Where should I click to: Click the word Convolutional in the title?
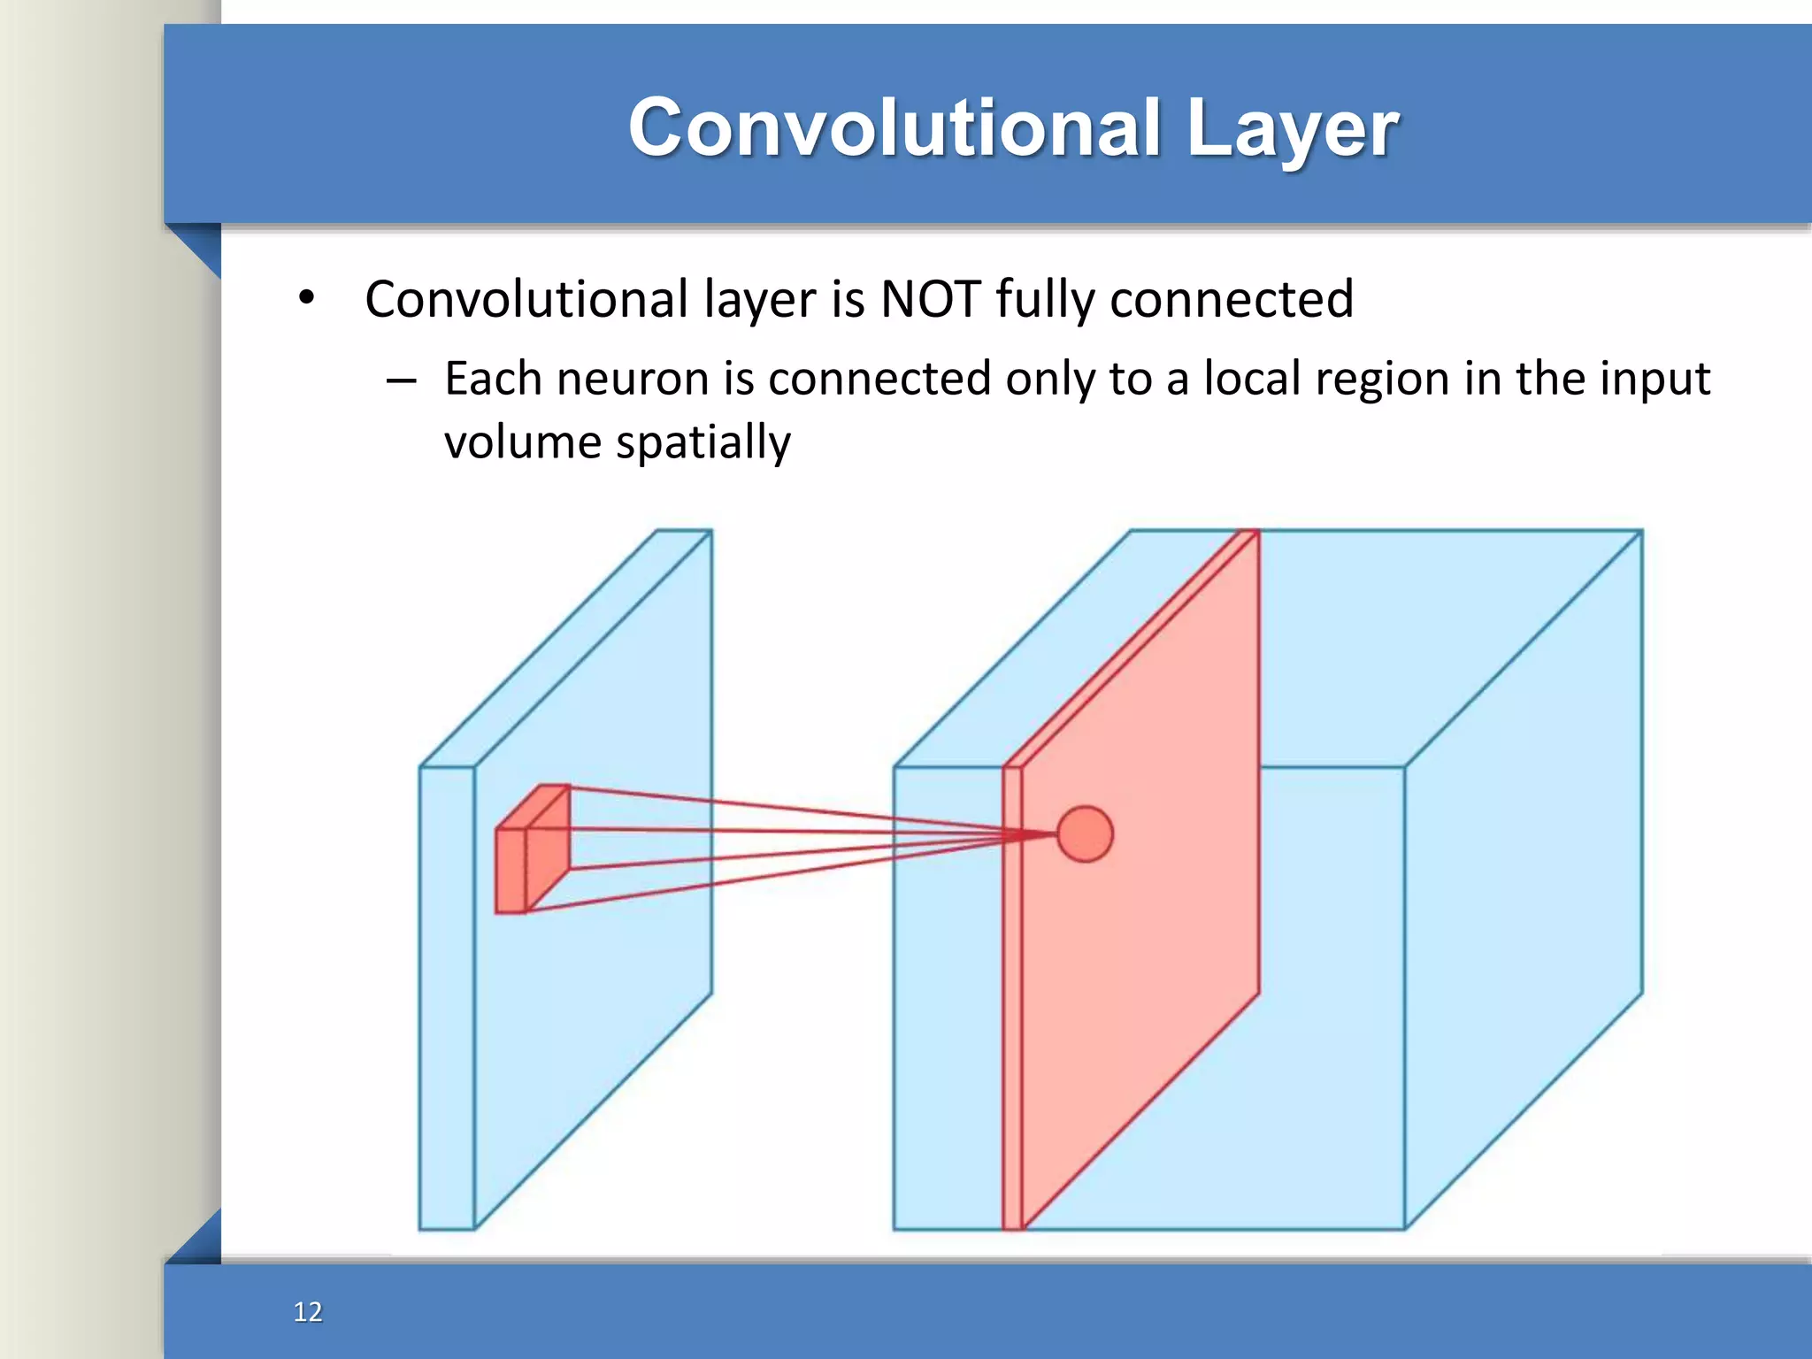pos(894,128)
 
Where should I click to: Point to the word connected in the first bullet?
pos(1232,299)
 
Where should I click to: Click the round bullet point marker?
pos(306,298)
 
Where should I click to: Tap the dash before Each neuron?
pos(401,381)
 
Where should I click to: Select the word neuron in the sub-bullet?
pos(633,380)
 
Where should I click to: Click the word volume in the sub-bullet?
pos(522,441)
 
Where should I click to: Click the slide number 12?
pos(308,1311)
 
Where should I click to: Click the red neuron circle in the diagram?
pos(1085,833)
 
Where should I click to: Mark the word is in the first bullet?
pos(848,299)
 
